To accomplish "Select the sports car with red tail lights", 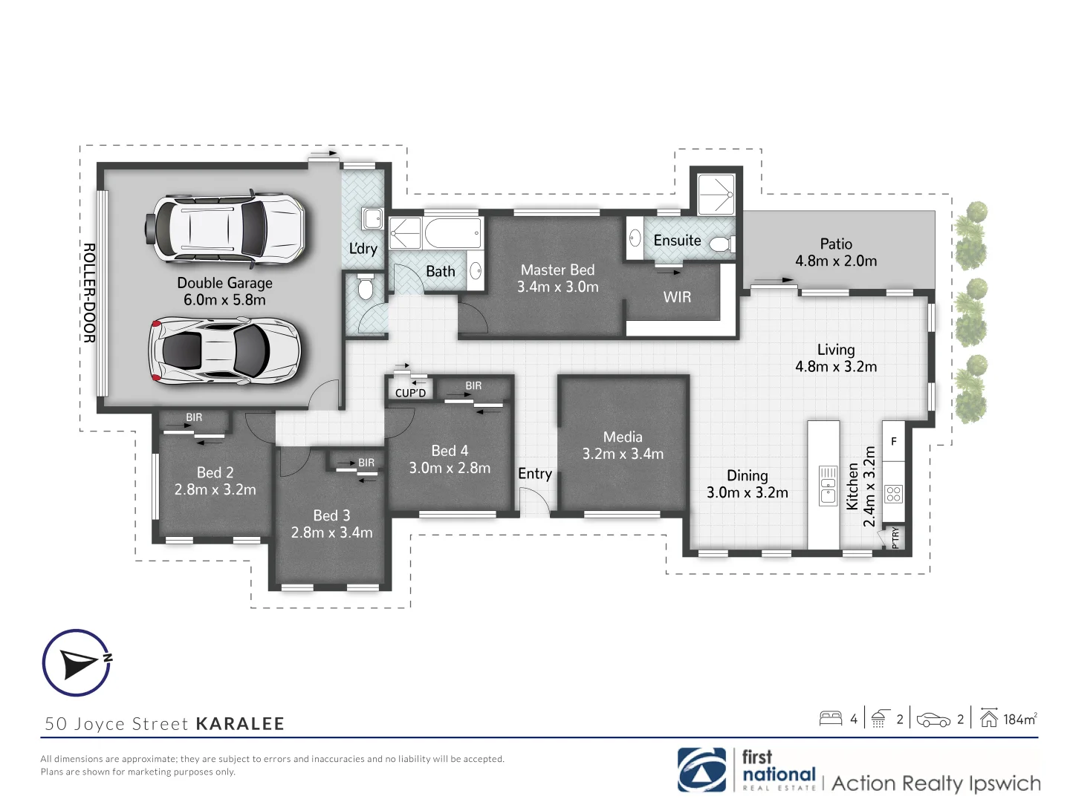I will pyautogui.click(x=225, y=351).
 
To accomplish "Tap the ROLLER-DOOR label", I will pyautogui.click(x=88, y=293).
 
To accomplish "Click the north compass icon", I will pyautogui.click(x=77, y=662).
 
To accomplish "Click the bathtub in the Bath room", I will pyautogui.click(x=452, y=233).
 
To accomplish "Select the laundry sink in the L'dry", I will pyautogui.click(x=372, y=219).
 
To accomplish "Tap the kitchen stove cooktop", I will pyautogui.click(x=893, y=493).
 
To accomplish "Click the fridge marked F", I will pyautogui.click(x=893, y=441).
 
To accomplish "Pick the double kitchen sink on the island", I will pyautogui.click(x=828, y=486).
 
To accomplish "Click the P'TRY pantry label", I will pyautogui.click(x=895, y=537).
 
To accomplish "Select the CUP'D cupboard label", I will pyautogui.click(x=410, y=393).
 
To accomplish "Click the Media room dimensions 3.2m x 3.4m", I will pyautogui.click(x=623, y=454).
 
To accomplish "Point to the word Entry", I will pyautogui.click(x=535, y=474).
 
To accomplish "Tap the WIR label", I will pyautogui.click(x=677, y=297).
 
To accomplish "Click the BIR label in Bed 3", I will pyautogui.click(x=366, y=463).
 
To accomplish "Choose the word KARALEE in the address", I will pyautogui.click(x=240, y=724).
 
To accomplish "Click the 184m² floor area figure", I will pyautogui.click(x=1019, y=719).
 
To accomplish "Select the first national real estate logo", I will pyautogui.click(x=747, y=771).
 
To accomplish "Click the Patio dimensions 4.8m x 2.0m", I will pyautogui.click(x=836, y=261).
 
